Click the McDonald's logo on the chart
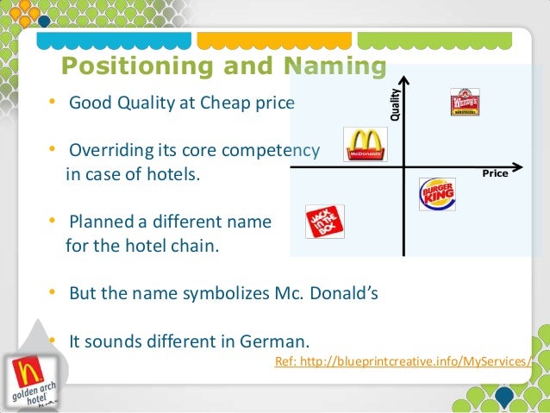365,145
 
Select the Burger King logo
436,193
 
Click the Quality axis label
396,104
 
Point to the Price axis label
495,173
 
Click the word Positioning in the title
134,67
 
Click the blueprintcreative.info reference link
403,360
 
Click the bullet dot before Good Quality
53,103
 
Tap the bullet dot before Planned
53,222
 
